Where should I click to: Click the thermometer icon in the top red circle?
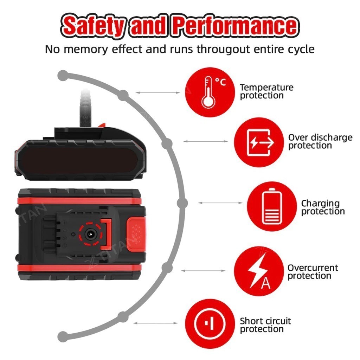click(x=208, y=92)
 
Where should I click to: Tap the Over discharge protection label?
click(x=320, y=141)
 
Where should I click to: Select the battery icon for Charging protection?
click(x=272, y=206)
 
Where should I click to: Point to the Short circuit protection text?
click(x=265, y=325)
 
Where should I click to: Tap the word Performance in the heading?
click(x=236, y=25)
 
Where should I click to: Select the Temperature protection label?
click(x=266, y=91)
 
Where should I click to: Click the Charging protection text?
click(x=323, y=207)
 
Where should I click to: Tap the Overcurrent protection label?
click(x=313, y=272)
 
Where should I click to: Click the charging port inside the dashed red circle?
click(x=90, y=234)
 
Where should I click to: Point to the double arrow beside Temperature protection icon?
click(x=157, y=92)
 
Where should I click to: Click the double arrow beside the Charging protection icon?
click(x=220, y=203)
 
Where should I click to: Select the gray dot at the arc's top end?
click(x=63, y=76)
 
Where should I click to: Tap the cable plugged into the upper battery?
click(x=85, y=108)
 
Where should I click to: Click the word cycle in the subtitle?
click(x=301, y=50)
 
